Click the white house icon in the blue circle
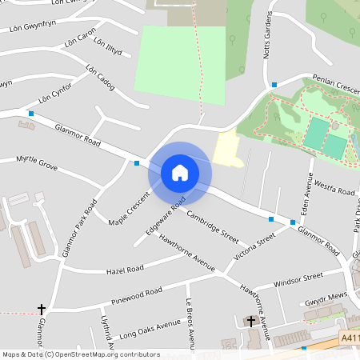(x=180, y=173)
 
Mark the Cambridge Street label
(x=213, y=226)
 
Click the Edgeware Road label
(x=166, y=215)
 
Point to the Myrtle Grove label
(x=37, y=163)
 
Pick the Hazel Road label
(x=124, y=270)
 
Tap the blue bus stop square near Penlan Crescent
(x=274, y=85)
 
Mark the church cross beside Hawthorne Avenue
(x=251, y=321)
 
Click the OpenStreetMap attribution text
(x=81, y=354)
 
